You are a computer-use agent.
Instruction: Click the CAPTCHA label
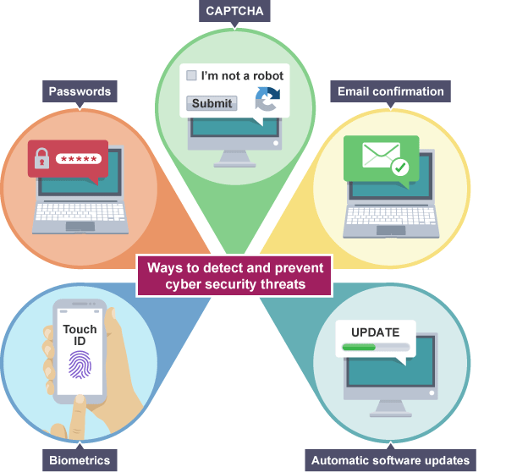(234, 12)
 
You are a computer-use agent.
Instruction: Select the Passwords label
(80, 91)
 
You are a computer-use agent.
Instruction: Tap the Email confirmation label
(390, 91)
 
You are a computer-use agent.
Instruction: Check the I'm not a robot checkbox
(191, 75)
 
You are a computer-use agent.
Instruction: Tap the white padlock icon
(40, 159)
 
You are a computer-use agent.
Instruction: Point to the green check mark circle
(399, 169)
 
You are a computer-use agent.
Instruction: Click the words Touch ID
(80, 335)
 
